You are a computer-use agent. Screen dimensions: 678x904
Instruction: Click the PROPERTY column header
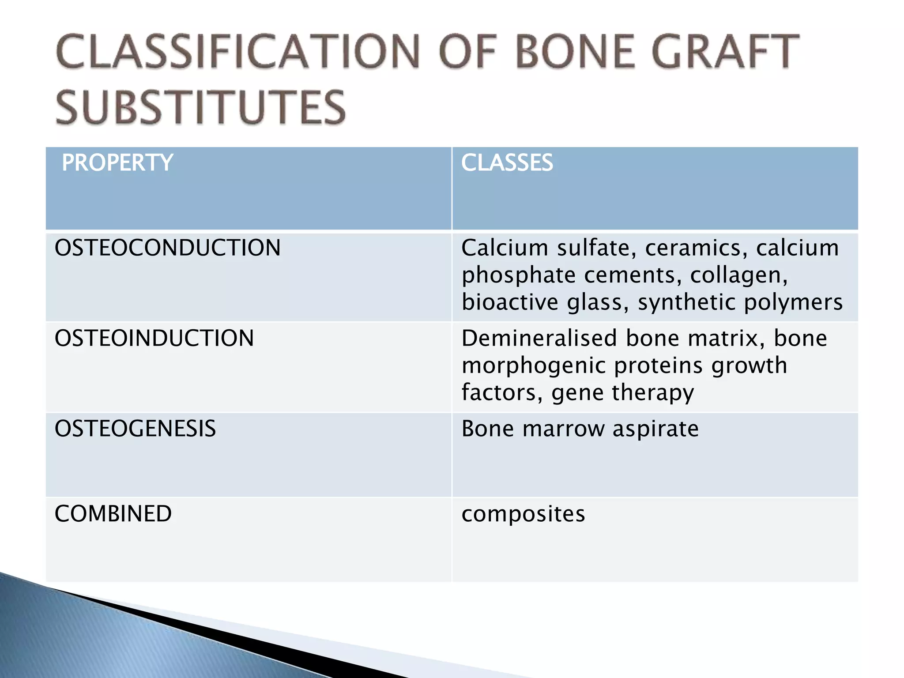[x=117, y=162]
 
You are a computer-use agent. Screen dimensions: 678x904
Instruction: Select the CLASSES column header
[x=507, y=162]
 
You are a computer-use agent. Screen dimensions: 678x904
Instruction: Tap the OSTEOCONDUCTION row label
[x=167, y=248]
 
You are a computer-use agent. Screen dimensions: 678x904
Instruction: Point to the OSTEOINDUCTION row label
[x=154, y=338]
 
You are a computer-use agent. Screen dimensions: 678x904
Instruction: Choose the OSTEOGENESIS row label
[x=135, y=429]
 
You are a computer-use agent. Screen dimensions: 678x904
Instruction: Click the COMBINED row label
[x=113, y=514]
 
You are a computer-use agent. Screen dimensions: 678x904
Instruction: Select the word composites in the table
[x=523, y=514]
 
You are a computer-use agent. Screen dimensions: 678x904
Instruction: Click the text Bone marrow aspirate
[x=580, y=429]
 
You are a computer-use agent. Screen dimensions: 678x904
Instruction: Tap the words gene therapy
[x=622, y=393]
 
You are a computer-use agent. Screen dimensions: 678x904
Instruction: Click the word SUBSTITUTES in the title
[x=201, y=107]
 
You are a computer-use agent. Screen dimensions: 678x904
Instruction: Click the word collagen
[x=738, y=276]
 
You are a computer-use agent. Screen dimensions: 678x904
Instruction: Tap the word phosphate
[x=518, y=276]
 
